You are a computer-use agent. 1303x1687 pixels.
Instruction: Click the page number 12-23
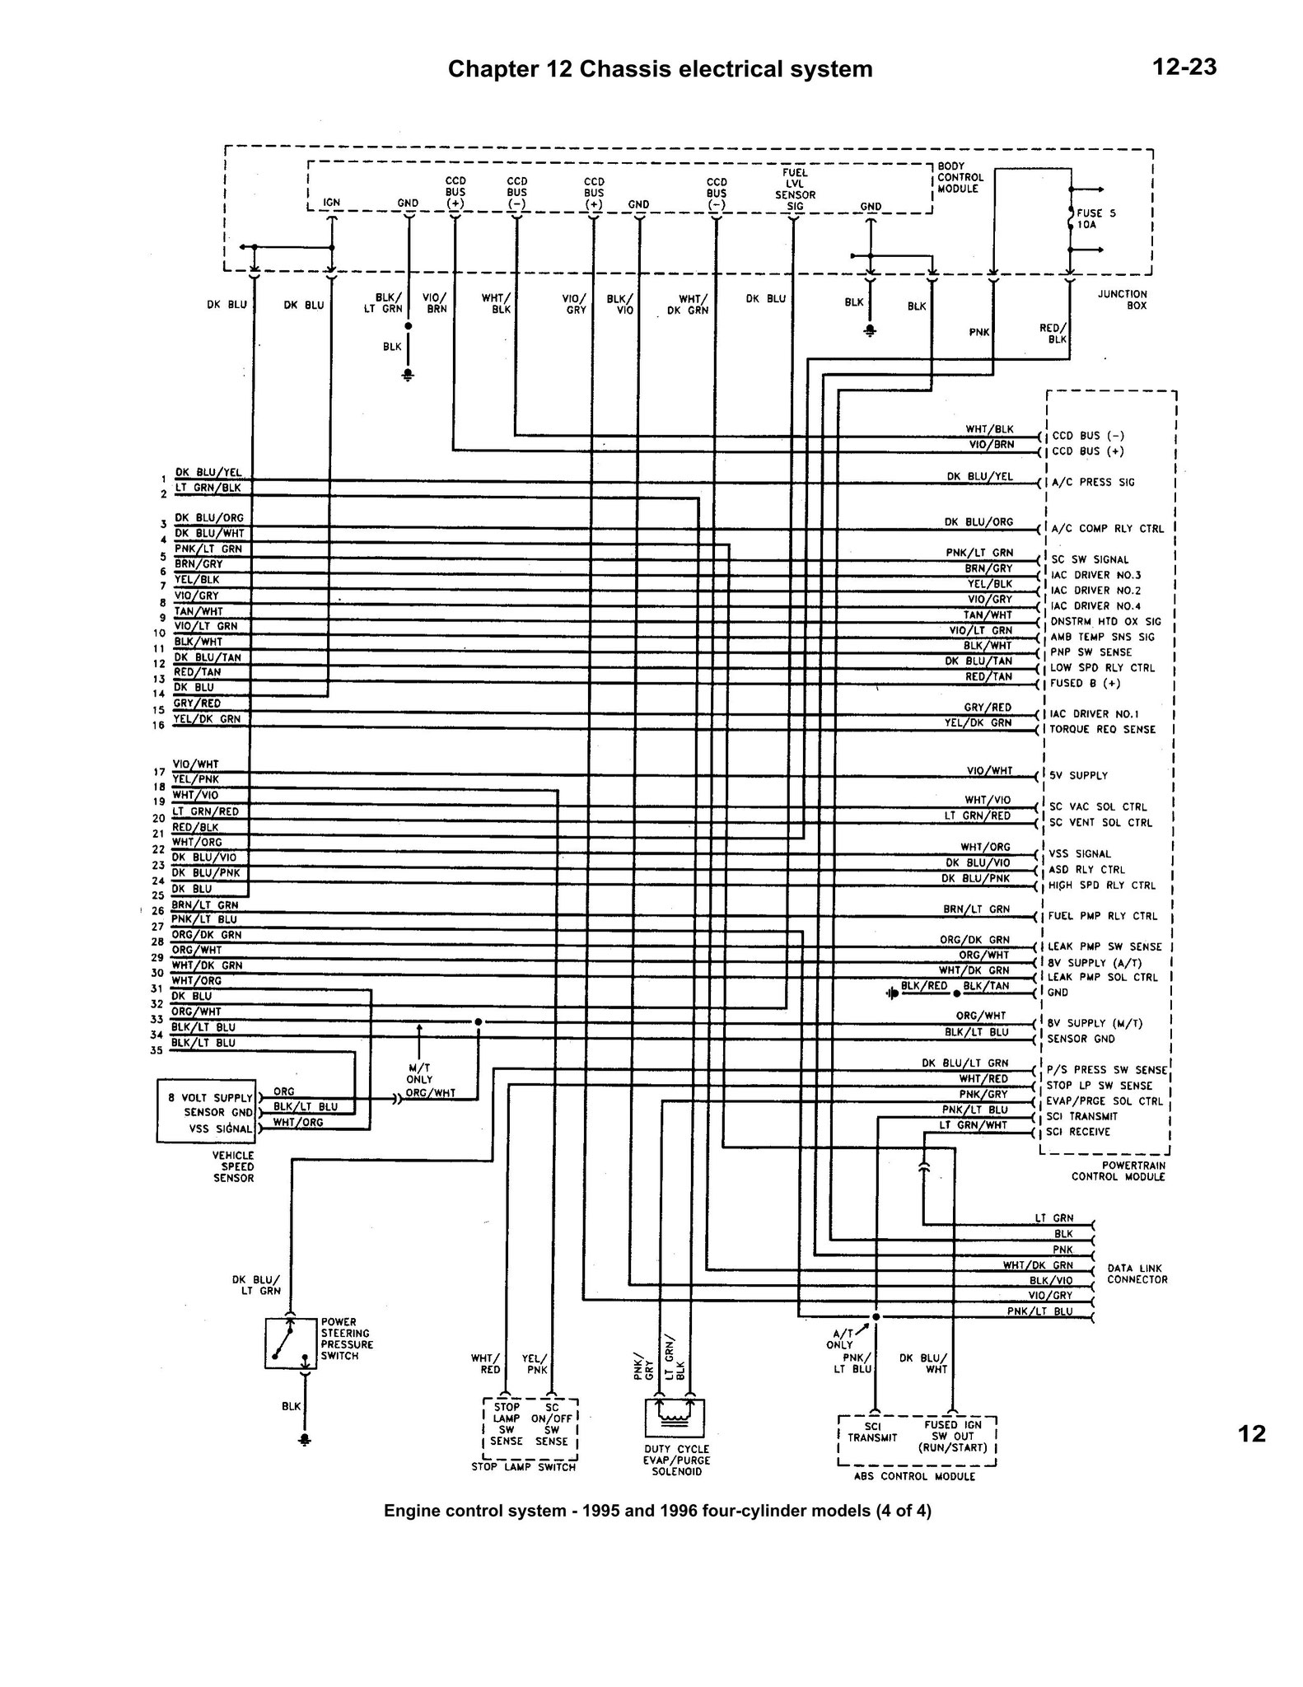1184,67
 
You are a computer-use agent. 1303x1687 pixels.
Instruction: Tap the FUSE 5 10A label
1096,218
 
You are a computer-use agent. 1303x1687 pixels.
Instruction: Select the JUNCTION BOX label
1122,299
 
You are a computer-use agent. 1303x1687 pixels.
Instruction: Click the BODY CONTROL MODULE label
960,177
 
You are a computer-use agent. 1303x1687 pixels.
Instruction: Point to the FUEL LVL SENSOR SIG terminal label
795,189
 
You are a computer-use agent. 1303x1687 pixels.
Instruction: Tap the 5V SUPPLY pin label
1078,775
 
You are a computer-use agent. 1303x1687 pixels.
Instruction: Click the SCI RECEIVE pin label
1079,1132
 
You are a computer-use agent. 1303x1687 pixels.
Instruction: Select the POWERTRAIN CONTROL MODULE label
1118,1171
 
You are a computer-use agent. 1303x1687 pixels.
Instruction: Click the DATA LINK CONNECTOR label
1137,1273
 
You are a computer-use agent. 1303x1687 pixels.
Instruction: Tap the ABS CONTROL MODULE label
914,1476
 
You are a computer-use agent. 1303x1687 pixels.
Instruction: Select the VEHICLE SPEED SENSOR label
233,1166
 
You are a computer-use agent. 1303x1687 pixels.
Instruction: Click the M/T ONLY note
419,1072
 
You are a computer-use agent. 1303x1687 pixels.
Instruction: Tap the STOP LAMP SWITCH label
524,1466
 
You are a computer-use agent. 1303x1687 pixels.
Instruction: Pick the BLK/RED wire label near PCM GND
924,985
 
